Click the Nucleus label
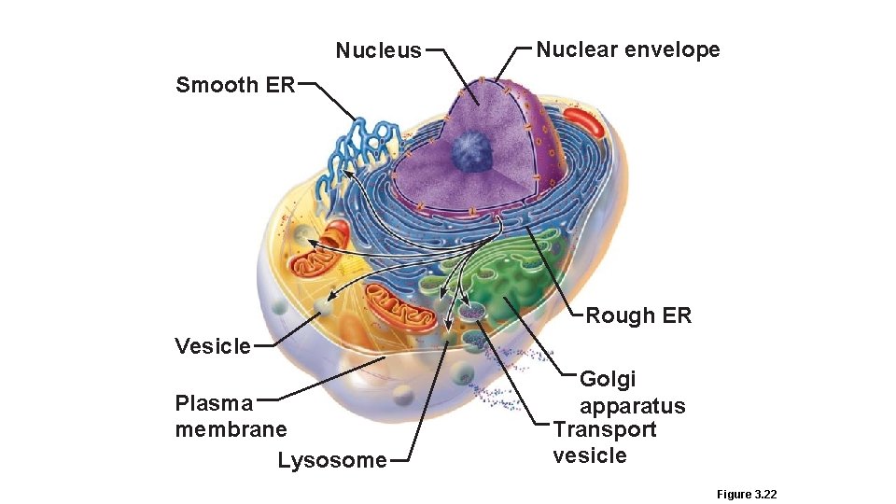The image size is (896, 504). click(378, 50)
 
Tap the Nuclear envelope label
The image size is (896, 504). click(627, 49)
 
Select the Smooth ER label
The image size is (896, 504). click(235, 85)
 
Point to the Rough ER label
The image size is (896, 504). click(638, 315)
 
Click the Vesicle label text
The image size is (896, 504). click(213, 346)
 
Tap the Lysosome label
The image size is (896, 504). click(331, 460)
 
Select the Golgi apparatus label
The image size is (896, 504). click(632, 392)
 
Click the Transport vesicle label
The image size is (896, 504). click(604, 442)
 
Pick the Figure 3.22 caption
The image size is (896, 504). click(746, 494)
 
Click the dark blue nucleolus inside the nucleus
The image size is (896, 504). click(474, 149)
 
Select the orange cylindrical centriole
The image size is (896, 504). click(333, 241)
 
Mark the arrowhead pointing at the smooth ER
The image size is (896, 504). click(344, 173)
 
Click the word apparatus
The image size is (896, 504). click(632, 406)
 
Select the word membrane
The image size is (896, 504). click(231, 429)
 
